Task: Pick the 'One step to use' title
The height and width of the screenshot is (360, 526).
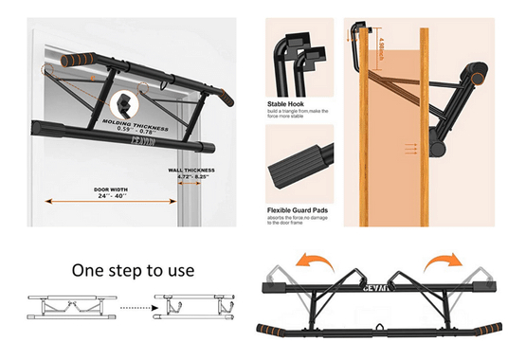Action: (133, 270)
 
